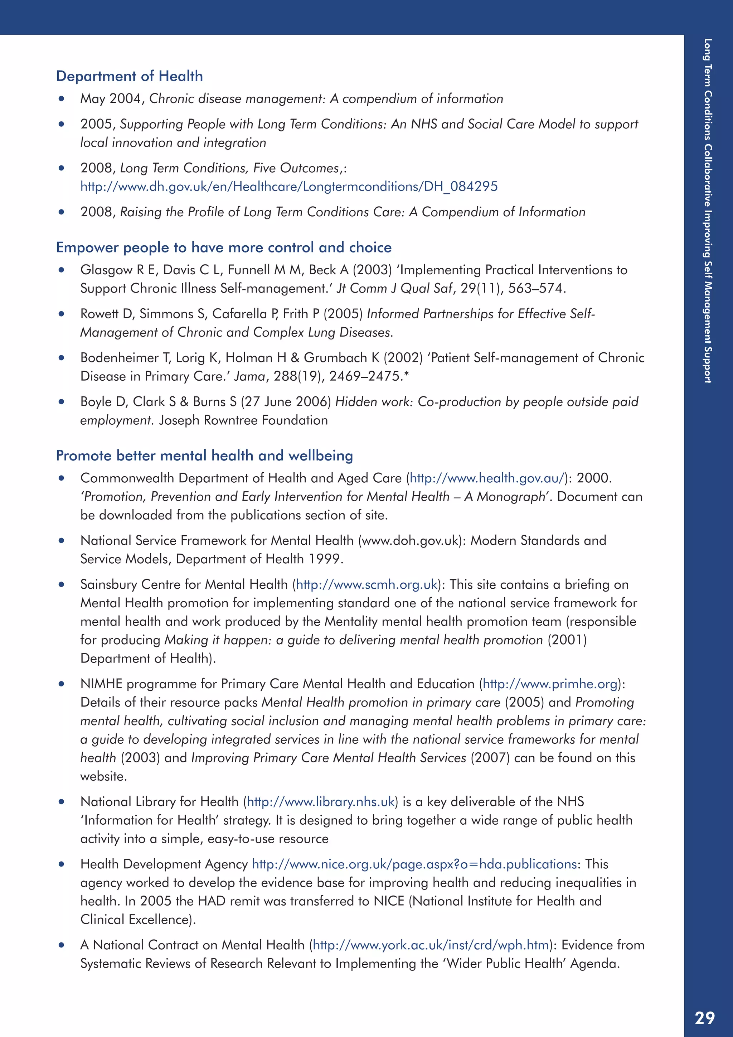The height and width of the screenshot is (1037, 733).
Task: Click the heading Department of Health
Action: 129,76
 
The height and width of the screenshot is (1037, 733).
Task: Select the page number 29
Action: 705,1018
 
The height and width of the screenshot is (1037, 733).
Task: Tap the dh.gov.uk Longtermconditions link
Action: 289,187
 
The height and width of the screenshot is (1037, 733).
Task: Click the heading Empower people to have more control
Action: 223,247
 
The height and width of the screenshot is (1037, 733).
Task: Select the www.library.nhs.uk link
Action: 321,802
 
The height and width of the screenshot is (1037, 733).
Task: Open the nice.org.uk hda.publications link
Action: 414,864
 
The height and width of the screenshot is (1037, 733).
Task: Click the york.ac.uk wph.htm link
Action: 431,945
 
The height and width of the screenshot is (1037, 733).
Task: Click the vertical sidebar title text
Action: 707,211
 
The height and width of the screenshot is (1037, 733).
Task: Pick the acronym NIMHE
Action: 101,684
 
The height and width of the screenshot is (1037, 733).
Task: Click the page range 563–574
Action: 535,289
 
